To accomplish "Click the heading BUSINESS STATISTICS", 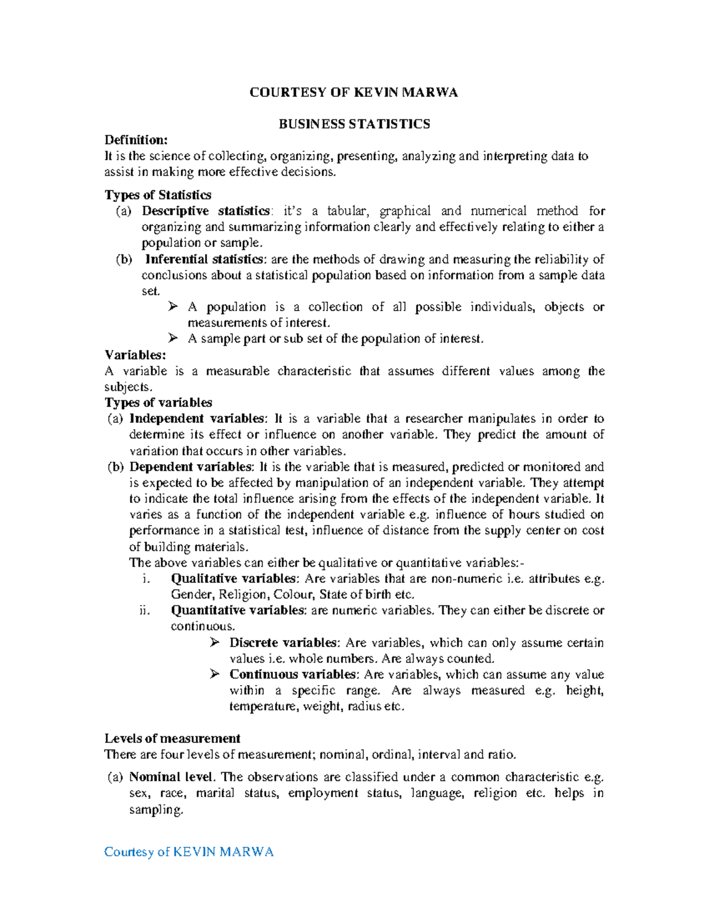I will click(354, 124).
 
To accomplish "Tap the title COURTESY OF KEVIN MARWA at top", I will click(353, 92).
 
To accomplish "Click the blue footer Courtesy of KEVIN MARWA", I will click(188, 851).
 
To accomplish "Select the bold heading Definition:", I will click(136, 140).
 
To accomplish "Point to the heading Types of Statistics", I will click(158, 195).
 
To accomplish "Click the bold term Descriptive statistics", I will click(205, 211).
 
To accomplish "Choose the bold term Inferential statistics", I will click(204, 259).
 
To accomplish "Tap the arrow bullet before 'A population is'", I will click(173, 306).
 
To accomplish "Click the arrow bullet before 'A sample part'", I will click(173, 338).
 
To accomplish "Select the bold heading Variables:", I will click(135, 355).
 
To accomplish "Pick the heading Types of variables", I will click(158, 403).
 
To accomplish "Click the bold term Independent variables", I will click(197, 419).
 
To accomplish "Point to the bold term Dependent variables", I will click(191, 467).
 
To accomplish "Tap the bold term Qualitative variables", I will click(233, 579).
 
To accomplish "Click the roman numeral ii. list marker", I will click(145, 611).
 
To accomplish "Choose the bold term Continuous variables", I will click(292, 674).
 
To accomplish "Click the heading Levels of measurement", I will click(172, 738).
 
